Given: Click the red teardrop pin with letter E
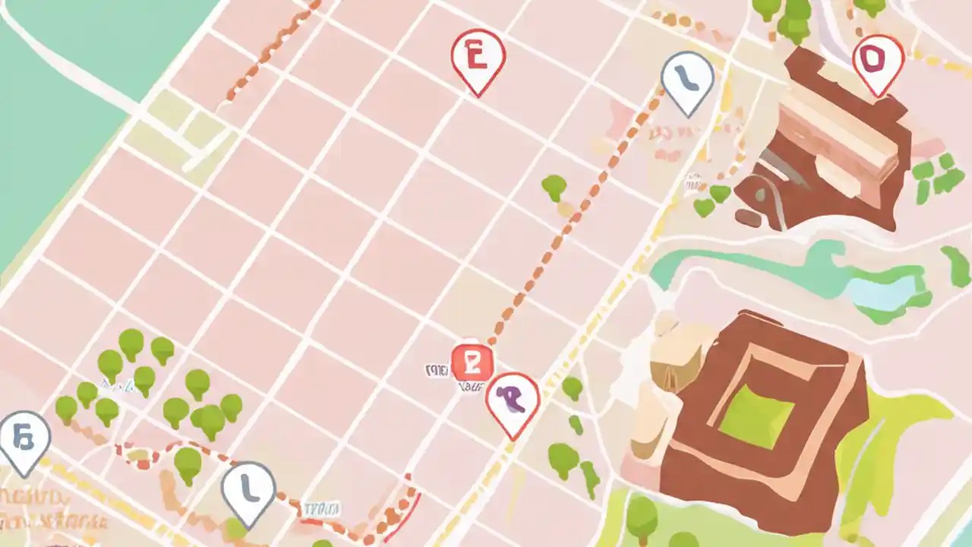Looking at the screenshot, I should point(478,58).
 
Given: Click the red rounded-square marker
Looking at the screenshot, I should point(472,362).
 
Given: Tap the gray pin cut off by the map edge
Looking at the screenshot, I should point(23,438).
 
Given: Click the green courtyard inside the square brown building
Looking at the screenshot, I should point(756,416).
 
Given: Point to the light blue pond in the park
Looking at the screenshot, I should point(885,292).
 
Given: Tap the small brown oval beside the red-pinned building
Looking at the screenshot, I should point(747,219).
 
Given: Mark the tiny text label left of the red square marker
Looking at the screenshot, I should point(436,371).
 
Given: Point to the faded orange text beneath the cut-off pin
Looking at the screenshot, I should point(34,505).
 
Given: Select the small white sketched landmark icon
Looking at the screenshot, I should point(693,182).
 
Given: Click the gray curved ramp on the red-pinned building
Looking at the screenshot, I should point(782,171).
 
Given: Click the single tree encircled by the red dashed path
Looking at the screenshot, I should point(188,461).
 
